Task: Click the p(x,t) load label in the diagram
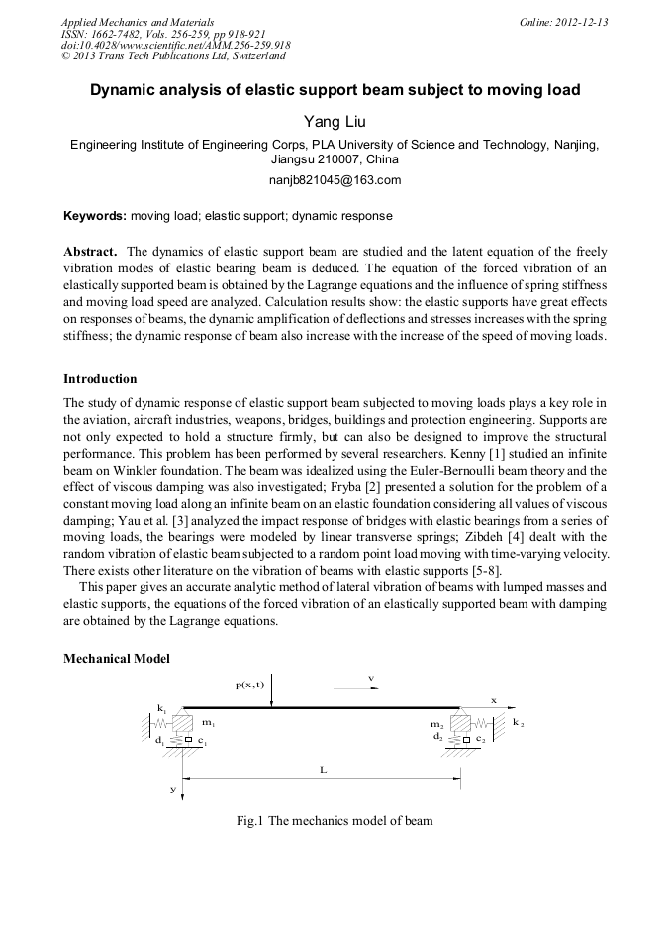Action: pos(249,685)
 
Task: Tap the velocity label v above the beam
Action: pos(371,679)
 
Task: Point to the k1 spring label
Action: pos(161,708)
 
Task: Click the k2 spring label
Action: pos(518,724)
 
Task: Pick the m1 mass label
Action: pos(209,724)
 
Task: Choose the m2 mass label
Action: pos(436,725)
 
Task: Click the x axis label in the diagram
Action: pos(494,699)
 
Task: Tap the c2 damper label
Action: pos(480,738)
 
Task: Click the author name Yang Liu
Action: pos(335,121)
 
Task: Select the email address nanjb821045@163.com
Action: pos(335,179)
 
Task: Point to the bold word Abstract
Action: pos(90,252)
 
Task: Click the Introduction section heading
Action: pos(100,378)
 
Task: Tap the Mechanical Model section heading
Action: pos(117,658)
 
